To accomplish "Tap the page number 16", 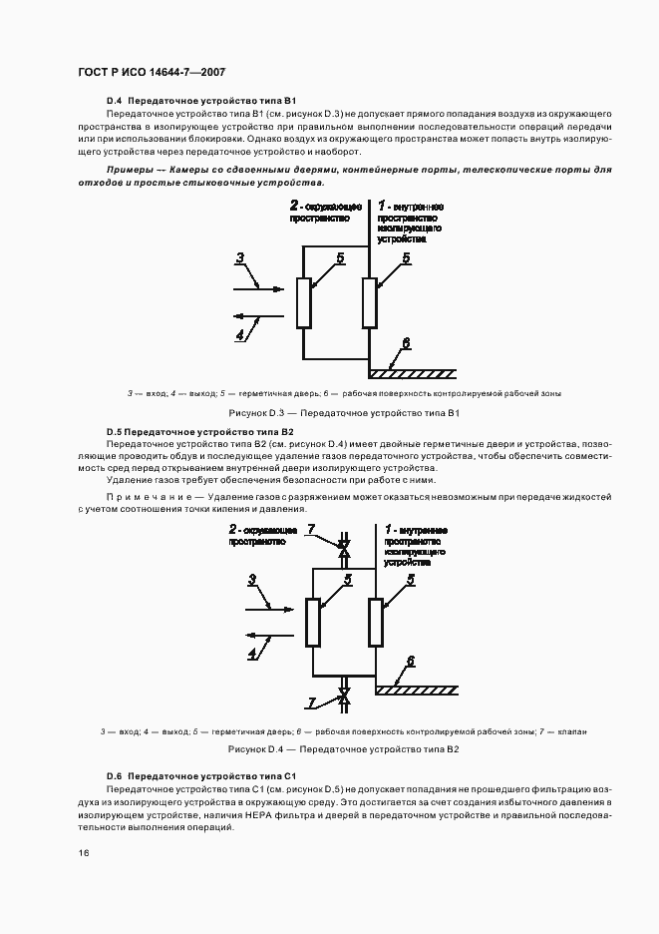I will [84, 853].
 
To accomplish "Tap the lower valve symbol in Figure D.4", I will [345, 697].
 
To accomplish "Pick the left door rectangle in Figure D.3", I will [304, 302].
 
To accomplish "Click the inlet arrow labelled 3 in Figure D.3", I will [258, 287].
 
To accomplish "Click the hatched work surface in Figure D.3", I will [412, 374].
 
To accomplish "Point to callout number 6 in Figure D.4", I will [408, 662].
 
